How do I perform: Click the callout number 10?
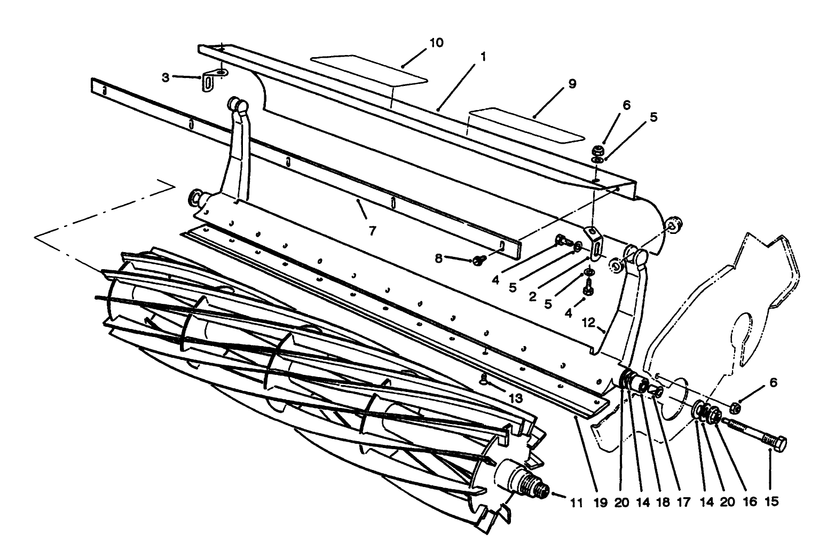click(x=436, y=43)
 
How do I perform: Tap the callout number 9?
click(x=572, y=84)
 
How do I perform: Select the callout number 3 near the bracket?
click(x=166, y=77)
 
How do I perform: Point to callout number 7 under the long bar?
click(x=372, y=231)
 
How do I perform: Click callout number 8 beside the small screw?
click(x=439, y=258)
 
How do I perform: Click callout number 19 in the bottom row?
click(x=601, y=502)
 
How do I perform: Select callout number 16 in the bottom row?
click(x=750, y=502)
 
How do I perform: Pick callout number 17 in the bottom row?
click(x=685, y=502)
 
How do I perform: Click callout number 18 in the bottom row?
click(x=664, y=502)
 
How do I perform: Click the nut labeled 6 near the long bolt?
click(x=735, y=407)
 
